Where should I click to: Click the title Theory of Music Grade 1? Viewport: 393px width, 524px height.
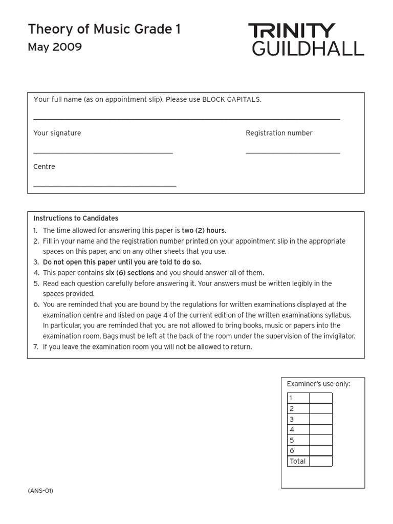tap(104, 30)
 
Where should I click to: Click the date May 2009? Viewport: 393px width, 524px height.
tap(55, 48)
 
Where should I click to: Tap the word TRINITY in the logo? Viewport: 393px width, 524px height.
tap(292, 31)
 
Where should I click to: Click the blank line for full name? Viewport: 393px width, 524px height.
tap(186, 119)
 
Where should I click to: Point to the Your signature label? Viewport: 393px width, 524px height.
tap(57, 133)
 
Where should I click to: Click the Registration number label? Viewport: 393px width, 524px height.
tap(279, 133)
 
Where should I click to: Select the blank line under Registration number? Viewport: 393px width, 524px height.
tap(293, 152)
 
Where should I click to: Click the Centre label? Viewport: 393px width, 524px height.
tap(44, 167)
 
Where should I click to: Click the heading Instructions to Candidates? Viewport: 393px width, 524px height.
tap(76, 219)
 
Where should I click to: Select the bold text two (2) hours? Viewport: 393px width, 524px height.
tap(203, 230)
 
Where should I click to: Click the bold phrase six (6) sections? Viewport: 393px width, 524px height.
tap(130, 273)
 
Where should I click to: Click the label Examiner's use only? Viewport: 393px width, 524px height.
tap(318, 384)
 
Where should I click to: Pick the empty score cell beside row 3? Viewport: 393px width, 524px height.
tap(321, 419)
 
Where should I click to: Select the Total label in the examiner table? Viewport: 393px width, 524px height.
tap(297, 461)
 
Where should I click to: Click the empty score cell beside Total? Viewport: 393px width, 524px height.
tap(321, 461)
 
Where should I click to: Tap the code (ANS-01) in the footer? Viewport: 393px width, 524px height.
tap(40, 491)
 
